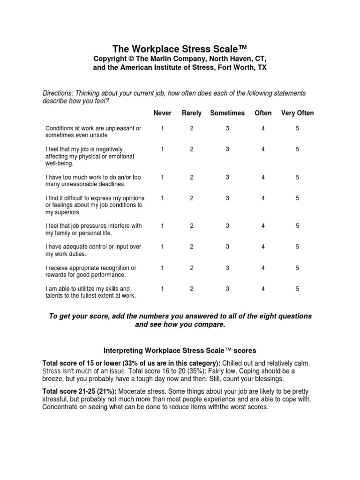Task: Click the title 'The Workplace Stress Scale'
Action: tap(180, 49)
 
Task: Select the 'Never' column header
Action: tap(162, 113)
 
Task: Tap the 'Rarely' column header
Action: tap(191, 113)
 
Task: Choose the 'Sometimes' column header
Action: tap(227, 113)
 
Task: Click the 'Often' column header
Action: tap(263, 113)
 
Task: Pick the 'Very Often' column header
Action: tap(297, 113)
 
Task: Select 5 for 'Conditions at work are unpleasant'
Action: tap(297, 128)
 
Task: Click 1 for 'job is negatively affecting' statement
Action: tap(162, 149)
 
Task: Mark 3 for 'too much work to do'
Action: tap(227, 177)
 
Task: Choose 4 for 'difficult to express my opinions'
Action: tap(263, 198)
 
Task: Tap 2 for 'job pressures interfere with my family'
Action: tap(191, 226)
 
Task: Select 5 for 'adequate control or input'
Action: tap(297, 247)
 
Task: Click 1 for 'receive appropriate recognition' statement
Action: tap(162, 268)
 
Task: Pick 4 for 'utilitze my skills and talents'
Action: tap(263, 289)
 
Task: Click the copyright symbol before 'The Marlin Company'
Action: tap(127, 58)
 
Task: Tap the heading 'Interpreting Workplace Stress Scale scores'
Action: tap(180, 350)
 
